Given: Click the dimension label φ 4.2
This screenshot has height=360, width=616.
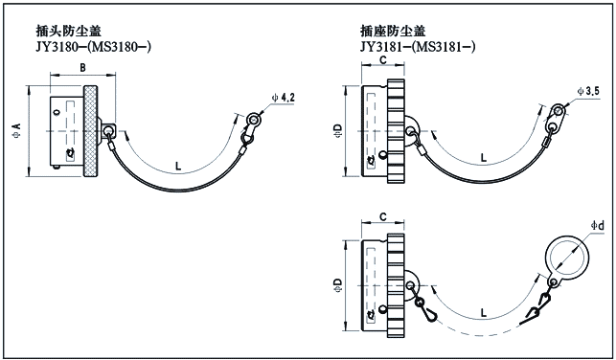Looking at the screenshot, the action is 283,98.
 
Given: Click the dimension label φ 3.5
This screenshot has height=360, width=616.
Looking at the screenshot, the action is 588,92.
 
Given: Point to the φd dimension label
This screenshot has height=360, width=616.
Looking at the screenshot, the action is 597,225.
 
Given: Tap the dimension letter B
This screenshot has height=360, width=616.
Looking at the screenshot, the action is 83,68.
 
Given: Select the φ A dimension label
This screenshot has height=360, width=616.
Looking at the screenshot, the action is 17,130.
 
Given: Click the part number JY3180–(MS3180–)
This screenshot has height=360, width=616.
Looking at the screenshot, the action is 94,47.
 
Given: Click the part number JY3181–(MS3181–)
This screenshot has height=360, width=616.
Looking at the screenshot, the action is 418,47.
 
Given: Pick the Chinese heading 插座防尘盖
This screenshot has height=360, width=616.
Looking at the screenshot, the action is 393,31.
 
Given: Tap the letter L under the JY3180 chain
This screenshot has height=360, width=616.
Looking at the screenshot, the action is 178,166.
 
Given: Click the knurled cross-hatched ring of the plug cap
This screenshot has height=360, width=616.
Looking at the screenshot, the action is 91,131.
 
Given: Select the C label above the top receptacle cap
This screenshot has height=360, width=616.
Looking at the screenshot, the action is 383,59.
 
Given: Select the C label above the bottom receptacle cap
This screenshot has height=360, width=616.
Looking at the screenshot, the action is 383,216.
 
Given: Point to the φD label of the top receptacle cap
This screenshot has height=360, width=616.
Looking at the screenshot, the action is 338,130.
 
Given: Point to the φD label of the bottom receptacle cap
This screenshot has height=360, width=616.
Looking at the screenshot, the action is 338,285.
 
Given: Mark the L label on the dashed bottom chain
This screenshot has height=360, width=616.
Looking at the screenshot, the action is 484,313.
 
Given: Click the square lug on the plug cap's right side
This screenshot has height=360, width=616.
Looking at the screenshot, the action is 108,130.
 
